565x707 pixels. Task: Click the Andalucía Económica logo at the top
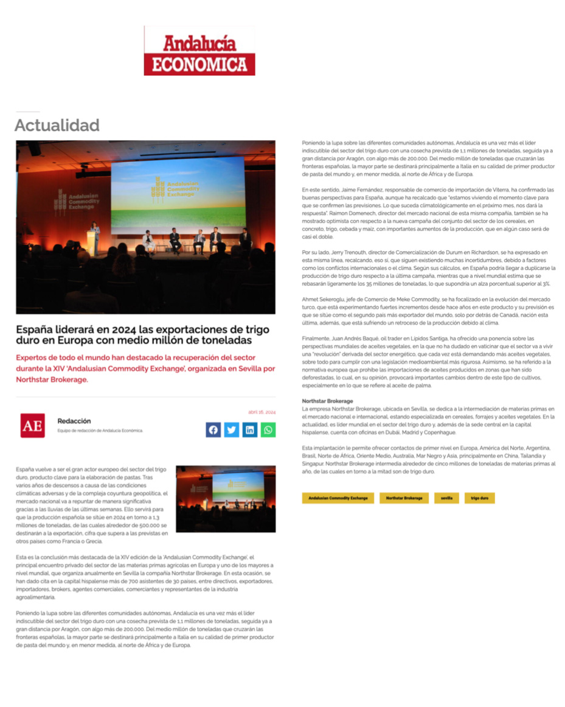tap(199, 51)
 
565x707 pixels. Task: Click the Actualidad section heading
tap(57, 125)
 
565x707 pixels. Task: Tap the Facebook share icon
tap(213, 430)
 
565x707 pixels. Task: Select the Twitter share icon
tap(231, 430)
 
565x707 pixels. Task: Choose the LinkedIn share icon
tap(250, 430)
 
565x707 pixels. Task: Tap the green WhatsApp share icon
tap(268, 430)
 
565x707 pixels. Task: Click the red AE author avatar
tap(32, 426)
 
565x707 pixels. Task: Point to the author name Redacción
tap(74, 421)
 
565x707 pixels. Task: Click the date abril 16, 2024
tap(262, 412)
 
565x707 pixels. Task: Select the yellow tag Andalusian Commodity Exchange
tap(338, 498)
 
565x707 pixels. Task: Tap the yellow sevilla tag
tap(446, 498)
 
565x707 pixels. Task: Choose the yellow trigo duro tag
tap(480, 498)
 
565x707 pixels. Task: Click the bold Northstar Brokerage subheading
tap(327, 401)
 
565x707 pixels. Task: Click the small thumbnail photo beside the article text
tap(226, 498)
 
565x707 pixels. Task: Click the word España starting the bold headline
tap(34, 329)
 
